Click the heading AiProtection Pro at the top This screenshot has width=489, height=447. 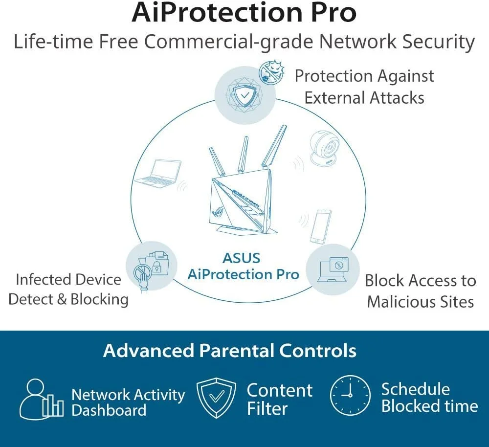click(x=244, y=13)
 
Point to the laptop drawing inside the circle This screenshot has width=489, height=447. click(x=157, y=174)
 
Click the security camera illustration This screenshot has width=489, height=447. click(x=325, y=148)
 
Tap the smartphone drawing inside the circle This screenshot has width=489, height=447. click(x=321, y=226)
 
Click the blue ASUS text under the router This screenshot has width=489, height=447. click(x=242, y=258)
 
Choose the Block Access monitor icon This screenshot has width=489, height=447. click(x=333, y=269)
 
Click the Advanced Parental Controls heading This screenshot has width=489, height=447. click(x=229, y=351)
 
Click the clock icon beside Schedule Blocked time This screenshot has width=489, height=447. click(x=350, y=395)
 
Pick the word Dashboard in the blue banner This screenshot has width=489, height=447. click(x=109, y=410)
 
